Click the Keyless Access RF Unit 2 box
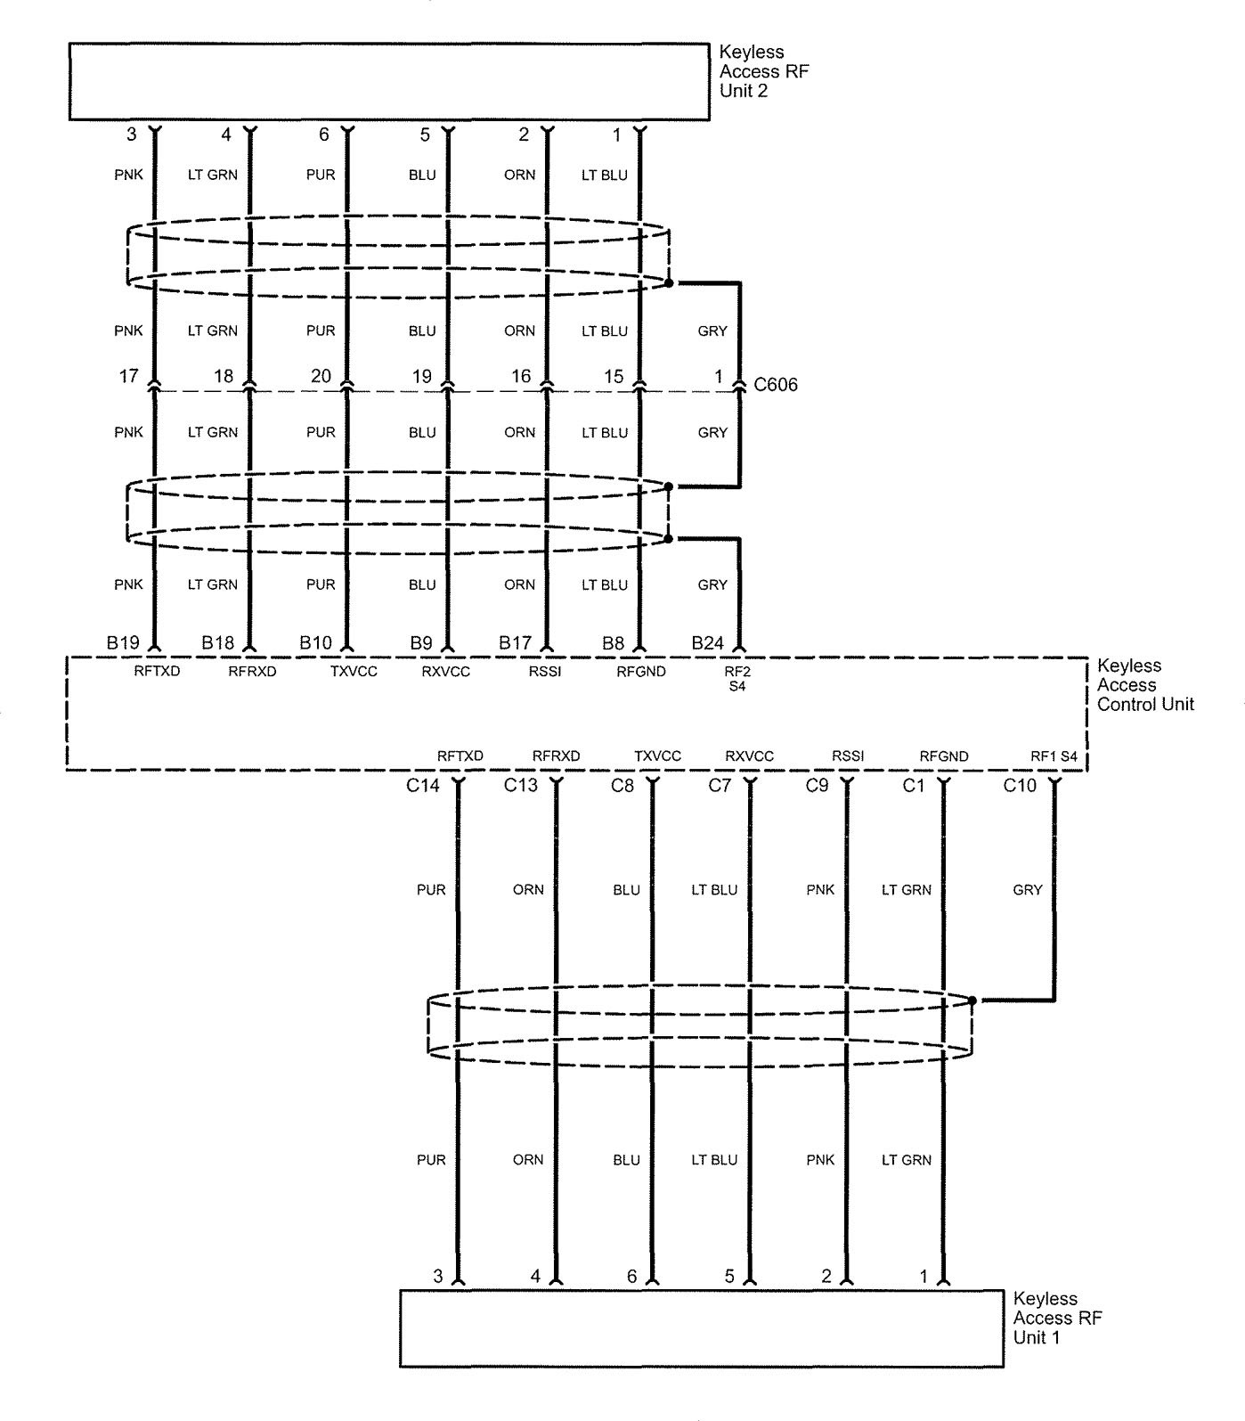pos(389,82)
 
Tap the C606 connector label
pos(776,385)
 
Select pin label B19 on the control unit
pos(124,641)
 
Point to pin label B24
pos(707,641)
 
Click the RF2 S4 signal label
pos(737,678)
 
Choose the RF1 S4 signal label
pos(1054,756)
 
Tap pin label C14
pos(424,786)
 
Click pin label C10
pos(1021,786)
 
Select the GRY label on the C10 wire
pos(1028,889)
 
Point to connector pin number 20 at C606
pos(321,377)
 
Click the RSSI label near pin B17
pos(545,672)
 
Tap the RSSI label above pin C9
pos(848,756)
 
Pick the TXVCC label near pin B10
pos(354,672)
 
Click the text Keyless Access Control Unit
pos(1145,684)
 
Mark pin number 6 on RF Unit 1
pos(632,1277)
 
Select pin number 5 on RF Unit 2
pos(425,135)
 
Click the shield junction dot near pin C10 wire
pos(972,1000)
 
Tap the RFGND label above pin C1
pos(944,756)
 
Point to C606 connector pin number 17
pos(130,377)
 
